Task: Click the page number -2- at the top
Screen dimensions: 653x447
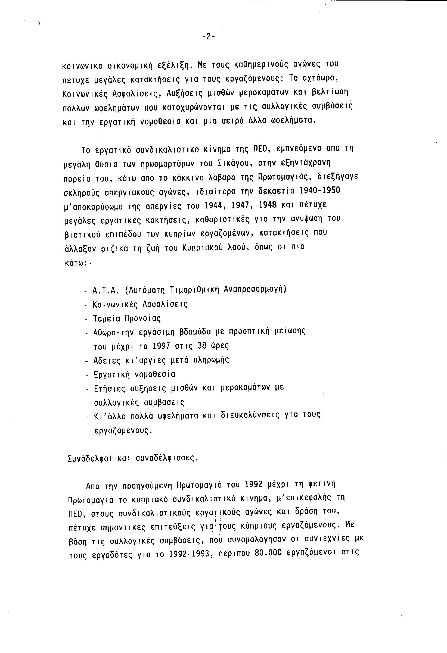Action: [x=209, y=37]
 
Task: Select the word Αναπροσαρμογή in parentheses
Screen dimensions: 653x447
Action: [x=255, y=290]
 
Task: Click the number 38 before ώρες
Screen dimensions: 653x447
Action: [x=202, y=346]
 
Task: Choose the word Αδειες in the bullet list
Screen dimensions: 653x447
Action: [x=107, y=361]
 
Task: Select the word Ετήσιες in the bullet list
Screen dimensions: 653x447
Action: [x=110, y=389]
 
